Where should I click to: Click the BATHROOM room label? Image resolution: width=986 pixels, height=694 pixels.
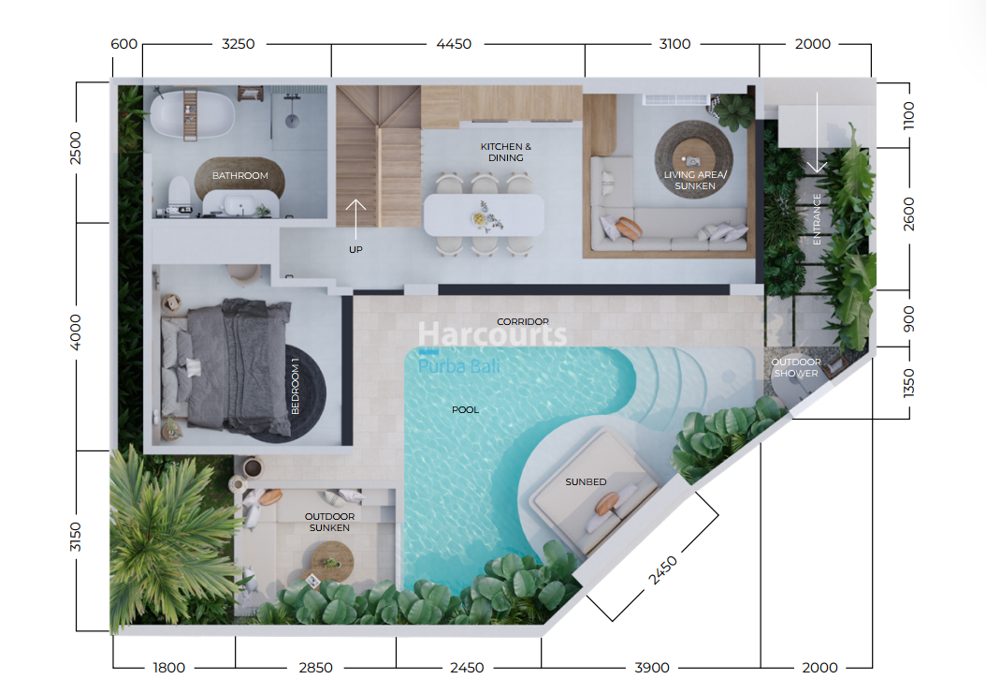[239, 176]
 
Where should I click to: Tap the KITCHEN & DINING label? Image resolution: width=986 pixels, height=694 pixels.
[505, 152]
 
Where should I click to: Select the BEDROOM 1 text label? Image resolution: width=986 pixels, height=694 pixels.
[295, 386]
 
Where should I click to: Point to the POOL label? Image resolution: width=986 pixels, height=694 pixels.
[465, 410]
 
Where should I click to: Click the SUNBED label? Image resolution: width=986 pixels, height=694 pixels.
[586, 481]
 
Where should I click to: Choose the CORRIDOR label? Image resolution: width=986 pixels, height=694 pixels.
[523, 322]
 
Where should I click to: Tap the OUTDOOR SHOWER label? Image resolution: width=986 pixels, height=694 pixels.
[796, 368]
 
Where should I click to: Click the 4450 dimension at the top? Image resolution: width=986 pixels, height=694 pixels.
[454, 44]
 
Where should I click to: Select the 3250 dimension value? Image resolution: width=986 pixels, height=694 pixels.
[238, 44]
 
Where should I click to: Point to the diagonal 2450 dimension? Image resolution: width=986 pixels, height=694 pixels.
[662, 570]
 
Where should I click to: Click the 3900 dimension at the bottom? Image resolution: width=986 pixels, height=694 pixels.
[651, 668]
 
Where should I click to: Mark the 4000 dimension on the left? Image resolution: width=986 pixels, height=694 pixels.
[75, 332]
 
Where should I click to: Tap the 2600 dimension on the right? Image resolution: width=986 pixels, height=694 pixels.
[908, 214]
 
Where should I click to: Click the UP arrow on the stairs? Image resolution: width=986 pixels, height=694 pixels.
[355, 219]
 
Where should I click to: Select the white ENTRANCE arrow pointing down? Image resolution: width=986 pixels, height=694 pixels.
[817, 133]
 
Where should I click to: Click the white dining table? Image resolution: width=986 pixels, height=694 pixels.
[484, 214]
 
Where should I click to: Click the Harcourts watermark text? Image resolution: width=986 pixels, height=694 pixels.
[492, 333]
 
